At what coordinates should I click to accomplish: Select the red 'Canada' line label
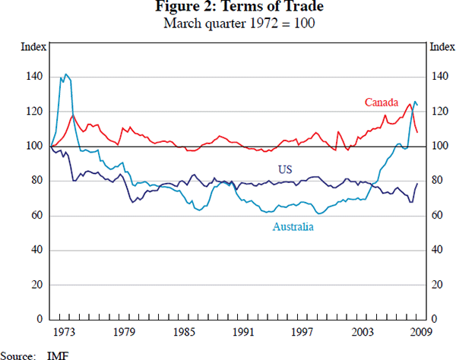[382, 102]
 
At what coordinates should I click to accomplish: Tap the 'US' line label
[285, 169]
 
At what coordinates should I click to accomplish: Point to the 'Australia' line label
[293, 226]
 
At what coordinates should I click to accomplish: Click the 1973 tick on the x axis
[65, 331]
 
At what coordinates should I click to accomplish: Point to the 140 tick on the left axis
[33, 77]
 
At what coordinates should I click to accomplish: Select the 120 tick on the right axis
[440, 112]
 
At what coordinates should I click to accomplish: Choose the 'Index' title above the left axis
[30, 47]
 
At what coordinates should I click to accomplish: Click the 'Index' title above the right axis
[442, 47]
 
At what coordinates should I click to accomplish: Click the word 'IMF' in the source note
[57, 354]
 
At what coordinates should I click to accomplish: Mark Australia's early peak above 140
[66, 74]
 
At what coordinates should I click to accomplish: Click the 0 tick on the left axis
[39, 320]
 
